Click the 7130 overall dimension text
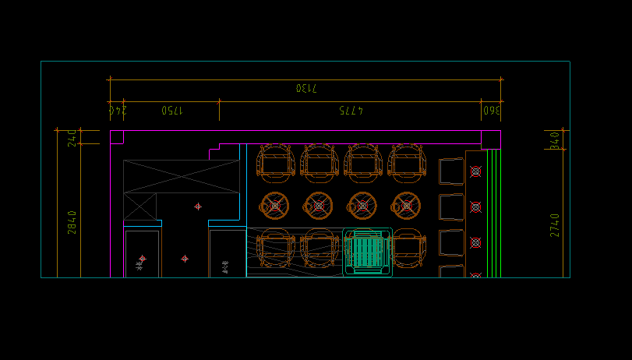[306, 88]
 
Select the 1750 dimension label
[172, 111]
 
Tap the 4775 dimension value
[351, 111]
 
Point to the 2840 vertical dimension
[72, 222]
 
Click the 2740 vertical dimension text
[555, 225]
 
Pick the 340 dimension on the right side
[555, 140]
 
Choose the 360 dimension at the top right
[491, 111]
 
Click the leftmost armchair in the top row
[275, 163]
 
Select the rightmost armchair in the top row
[407, 163]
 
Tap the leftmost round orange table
[274, 206]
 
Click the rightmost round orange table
[406, 206]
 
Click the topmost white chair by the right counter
[451, 171]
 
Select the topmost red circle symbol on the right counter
[475, 171]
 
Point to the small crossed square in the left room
[140, 206]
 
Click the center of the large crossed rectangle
[182, 176]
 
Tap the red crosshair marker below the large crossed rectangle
[198, 206]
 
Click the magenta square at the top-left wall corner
[117, 137]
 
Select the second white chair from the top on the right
[451, 207]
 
